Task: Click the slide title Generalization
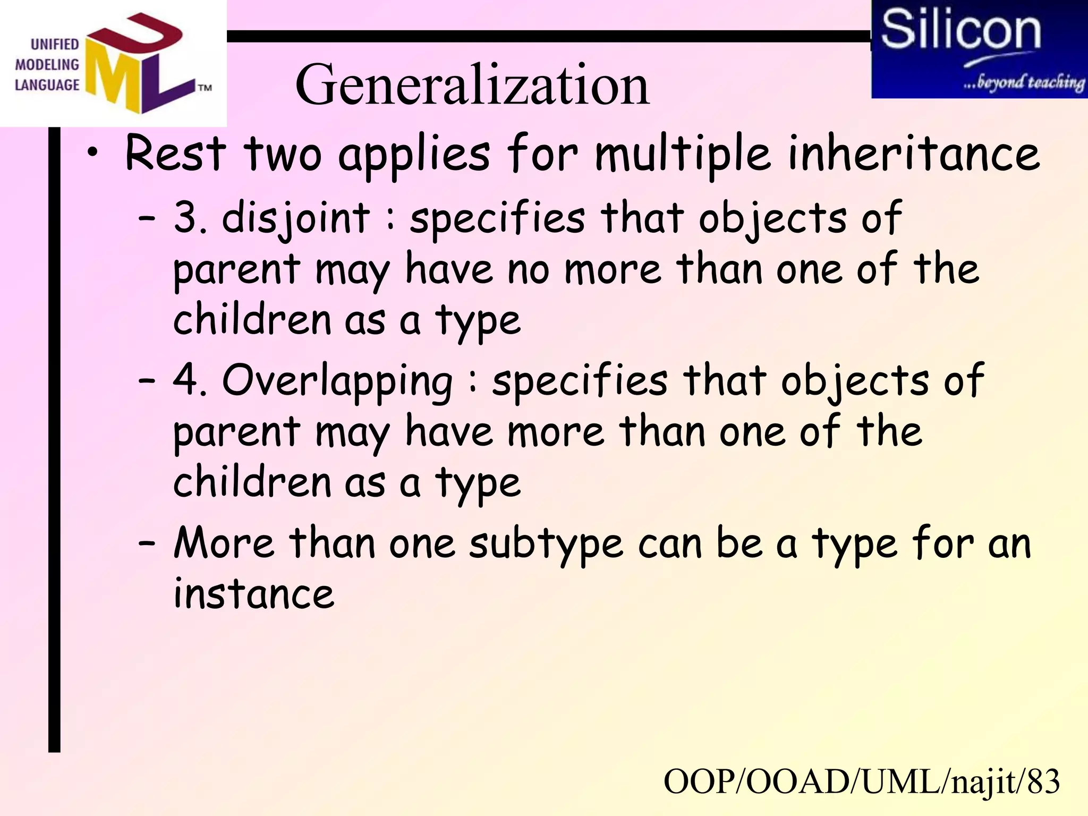click(x=472, y=85)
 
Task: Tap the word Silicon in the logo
click(x=960, y=30)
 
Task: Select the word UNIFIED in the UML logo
click(x=55, y=44)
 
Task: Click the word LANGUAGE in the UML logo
click(x=47, y=85)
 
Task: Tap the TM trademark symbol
click(x=205, y=88)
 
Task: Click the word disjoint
click(x=295, y=218)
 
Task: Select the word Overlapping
click(x=337, y=381)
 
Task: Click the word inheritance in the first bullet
click(x=913, y=154)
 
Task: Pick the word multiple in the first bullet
click(x=682, y=154)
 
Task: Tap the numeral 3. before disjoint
click(x=190, y=217)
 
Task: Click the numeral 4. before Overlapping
click(x=190, y=380)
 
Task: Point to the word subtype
click(x=546, y=545)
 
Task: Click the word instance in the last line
click(x=254, y=593)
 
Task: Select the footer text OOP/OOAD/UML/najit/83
click(x=861, y=782)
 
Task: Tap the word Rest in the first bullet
click(x=175, y=154)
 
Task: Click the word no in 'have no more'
click(x=528, y=270)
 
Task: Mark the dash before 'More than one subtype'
click(x=147, y=544)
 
